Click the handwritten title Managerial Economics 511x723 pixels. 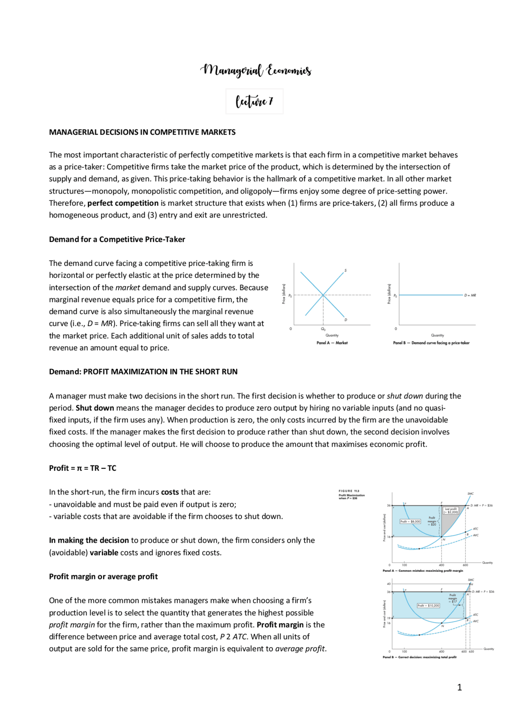tap(255, 70)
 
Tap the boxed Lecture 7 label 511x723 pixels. tap(254, 101)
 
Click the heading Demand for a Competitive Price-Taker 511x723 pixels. tap(117, 240)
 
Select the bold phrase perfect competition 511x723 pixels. tap(123, 203)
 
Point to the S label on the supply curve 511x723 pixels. tap(345, 271)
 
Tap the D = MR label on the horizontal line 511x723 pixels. tap(470, 295)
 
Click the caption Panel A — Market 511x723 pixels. tap(332, 343)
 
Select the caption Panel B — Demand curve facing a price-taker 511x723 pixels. tap(431, 343)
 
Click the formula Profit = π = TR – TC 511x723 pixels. tap(83, 468)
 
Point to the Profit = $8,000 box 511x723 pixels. tap(410, 521)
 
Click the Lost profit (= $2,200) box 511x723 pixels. tap(451, 511)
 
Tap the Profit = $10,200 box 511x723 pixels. tap(428, 606)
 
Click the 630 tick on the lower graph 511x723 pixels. tap(471, 652)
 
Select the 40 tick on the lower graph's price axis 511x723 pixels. tap(388, 584)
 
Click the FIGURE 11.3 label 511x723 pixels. tap(349, 491)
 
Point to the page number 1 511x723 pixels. tap(460, 687)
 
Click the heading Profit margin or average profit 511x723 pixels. tap(103, 576)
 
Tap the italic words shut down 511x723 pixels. tap(404, 396)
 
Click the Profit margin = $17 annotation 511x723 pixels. tap(453, 598)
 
